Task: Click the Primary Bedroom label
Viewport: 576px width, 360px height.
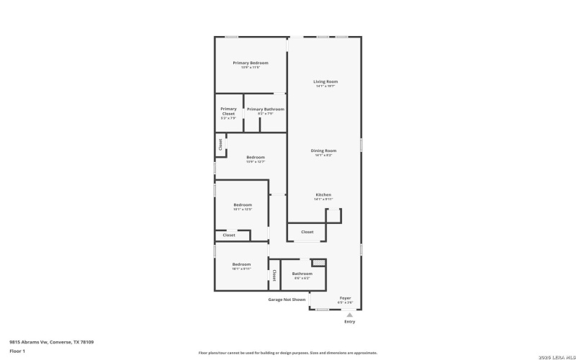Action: coord(250,63)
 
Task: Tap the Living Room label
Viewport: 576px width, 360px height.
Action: coord(325,82)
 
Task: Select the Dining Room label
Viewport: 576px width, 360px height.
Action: coord(323,151)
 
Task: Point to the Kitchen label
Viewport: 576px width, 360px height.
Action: coord(323,196)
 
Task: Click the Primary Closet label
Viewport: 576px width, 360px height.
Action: coord(228,112)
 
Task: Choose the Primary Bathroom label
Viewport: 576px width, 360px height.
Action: coord(265,109)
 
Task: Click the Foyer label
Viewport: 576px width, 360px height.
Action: coord(346,298)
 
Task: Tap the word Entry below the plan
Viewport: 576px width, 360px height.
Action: coord(349,322)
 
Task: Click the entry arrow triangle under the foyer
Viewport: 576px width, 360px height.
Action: coord(349,315)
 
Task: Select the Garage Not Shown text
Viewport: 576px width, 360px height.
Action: coord(287,300)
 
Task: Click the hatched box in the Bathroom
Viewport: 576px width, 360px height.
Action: coord(318,262)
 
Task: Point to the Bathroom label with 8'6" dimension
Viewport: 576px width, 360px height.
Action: coord(302,274)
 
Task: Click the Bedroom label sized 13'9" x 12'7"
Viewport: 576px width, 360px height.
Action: coord(256,158)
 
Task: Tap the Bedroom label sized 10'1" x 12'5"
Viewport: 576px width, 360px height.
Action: coord(243,206)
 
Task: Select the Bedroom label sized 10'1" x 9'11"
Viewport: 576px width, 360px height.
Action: coord(241,265)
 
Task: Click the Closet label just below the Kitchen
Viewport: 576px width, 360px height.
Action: coord(307,233)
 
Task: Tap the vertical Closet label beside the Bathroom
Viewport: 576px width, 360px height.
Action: coord(274,275)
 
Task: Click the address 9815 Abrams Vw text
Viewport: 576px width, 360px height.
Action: coord(51,342)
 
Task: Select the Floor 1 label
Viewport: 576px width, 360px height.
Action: coord(17,351)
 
